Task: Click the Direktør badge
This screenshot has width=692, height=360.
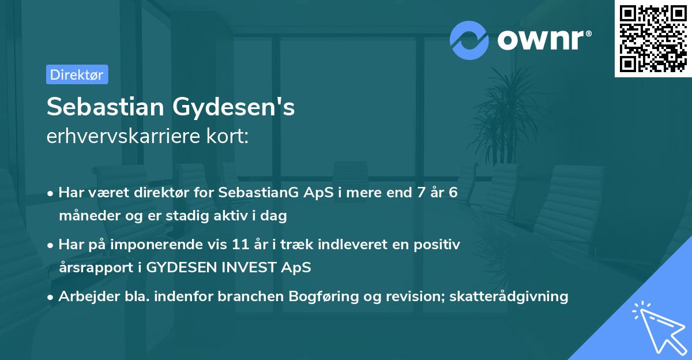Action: tap(77, 74)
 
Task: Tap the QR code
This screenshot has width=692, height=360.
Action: tap(653, 39)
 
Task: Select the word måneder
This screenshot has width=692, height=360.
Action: tap(86, 216)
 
